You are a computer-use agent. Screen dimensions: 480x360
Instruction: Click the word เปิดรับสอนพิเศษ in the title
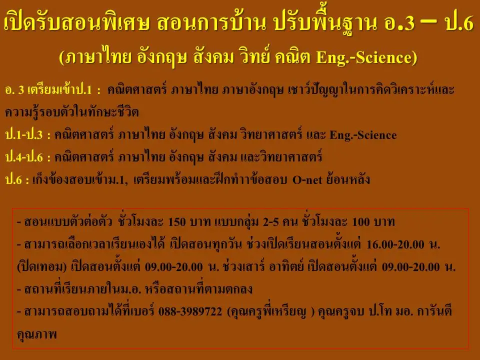click(x=76, y=22)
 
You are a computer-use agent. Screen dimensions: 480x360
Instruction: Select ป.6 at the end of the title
click(x=459, y=22)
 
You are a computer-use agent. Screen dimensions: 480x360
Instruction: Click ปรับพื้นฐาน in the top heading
click(x=325, y=22)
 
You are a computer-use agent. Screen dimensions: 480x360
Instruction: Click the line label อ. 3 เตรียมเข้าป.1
click(x=48, y=89)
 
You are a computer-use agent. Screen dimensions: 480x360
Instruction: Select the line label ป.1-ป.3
click(x=24, y=134)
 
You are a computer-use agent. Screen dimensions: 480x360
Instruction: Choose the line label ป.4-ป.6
click(x=24, y=157)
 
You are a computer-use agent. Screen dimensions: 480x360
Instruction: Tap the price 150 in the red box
click(x=177, y=222)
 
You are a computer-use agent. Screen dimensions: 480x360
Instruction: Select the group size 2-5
click(x=270, y=222)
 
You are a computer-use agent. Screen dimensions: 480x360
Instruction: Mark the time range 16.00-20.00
click(x=395, y=244)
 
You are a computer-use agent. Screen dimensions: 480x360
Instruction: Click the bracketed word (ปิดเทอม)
click(x=42, y=266)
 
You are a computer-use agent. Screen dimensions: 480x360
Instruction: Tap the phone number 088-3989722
click(x=190, y=311)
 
